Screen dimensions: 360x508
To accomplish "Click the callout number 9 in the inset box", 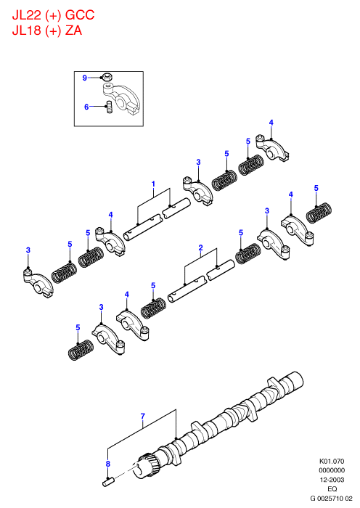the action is click(85, 78).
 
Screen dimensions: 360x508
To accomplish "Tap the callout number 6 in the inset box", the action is click(86, 107).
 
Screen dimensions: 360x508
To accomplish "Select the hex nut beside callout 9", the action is click(107, 77).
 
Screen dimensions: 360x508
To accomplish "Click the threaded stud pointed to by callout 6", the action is click(109, 107).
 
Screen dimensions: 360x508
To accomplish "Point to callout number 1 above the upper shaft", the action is click(154, 184).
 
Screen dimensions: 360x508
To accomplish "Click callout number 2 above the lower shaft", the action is click(200, 248).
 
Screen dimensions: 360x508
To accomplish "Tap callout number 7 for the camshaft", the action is click(143, 416).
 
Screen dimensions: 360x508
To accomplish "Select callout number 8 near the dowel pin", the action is click(108, 464).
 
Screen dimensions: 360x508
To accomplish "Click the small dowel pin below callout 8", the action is click(108, 482).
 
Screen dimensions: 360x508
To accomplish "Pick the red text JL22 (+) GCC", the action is click(53, 15).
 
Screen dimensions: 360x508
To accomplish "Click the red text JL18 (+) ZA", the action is click(47, 30).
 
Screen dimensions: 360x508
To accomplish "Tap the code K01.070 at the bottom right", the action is click(332, 461).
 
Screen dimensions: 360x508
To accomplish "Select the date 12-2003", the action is click(332, 480).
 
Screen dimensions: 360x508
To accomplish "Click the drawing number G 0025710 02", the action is click(331, 498).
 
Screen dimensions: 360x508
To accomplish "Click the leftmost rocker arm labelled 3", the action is click(37, 282).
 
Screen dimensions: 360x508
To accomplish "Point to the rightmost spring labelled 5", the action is click(319, 213).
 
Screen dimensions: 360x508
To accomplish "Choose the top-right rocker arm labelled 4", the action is click(273, 148).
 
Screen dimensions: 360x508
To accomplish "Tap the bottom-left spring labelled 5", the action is click(81, 350).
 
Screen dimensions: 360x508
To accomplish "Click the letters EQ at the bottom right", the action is click(332, 488).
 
